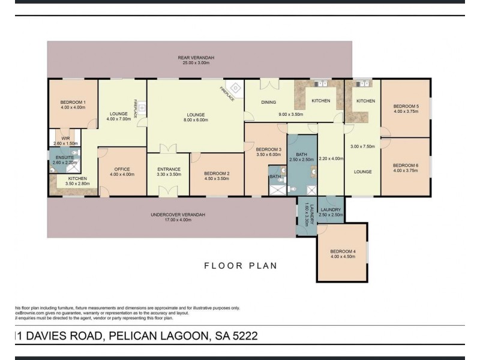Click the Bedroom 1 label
coord(73,103)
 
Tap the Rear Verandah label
coord(196,58)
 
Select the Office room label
coord(122,169)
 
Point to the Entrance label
coord(169,169)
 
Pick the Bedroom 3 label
coord(268,149)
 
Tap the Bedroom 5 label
coord(406,107)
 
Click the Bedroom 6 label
coord(406,165)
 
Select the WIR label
coord(65,139)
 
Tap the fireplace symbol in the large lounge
coord(236,88)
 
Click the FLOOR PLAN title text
coord(240,265)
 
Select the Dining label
coord(268,102)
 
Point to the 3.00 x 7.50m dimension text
coord(362,146)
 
